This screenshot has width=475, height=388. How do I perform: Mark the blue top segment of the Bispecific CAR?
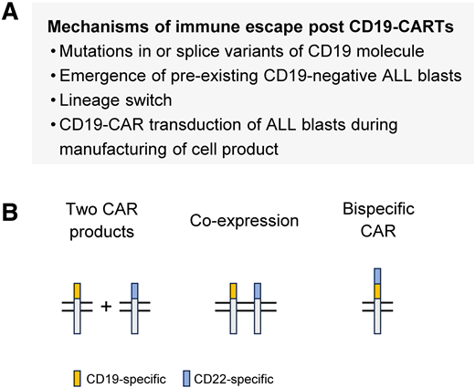point(378,276)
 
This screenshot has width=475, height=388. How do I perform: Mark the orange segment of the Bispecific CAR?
point(378,291)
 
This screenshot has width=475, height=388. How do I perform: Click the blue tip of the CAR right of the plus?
point(134,290)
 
